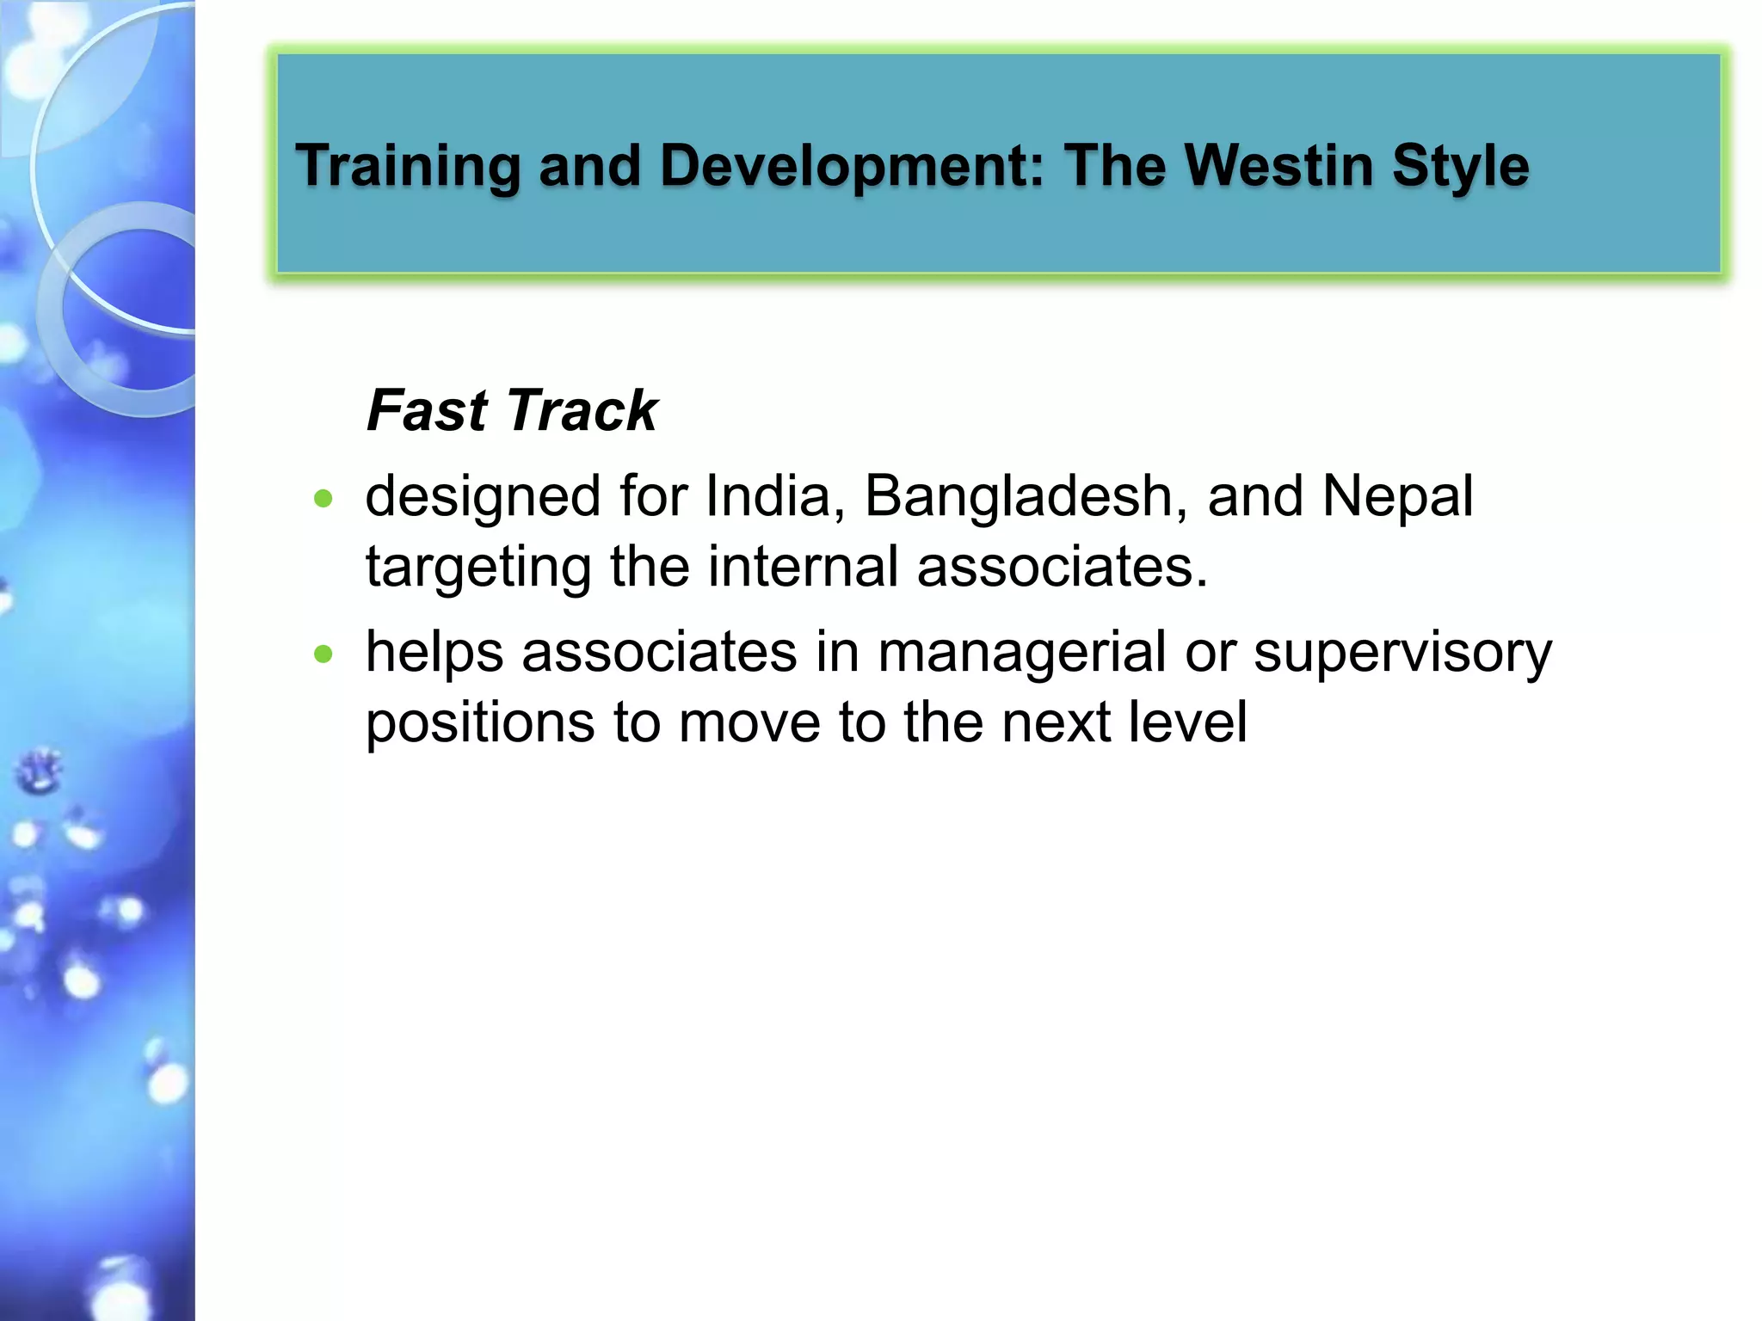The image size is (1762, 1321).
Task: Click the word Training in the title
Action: point(408,166)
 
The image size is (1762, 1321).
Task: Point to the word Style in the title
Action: point(1460,166)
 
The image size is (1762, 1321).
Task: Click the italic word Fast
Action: point(427,410)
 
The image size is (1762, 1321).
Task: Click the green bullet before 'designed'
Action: point(323,499)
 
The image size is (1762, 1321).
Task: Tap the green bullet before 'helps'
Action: point(323,654)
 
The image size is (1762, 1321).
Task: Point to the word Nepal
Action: point(1397,496)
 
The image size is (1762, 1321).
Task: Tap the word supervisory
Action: point(1402,653)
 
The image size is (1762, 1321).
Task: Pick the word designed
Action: point(483,498)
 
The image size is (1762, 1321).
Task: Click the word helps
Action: point(434,653)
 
